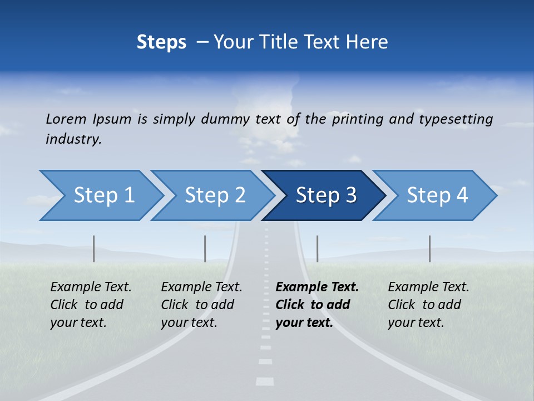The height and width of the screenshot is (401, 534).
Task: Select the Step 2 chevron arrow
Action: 215,195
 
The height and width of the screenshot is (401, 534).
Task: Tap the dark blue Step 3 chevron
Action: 326,195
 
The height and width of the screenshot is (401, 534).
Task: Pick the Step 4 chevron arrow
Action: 437,195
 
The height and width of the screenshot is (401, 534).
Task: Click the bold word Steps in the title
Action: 161,42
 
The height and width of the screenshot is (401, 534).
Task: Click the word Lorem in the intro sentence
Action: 66,119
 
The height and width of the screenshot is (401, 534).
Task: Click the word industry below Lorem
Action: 73,139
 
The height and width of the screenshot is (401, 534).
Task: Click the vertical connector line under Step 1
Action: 93,248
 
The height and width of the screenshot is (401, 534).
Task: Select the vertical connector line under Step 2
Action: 205,248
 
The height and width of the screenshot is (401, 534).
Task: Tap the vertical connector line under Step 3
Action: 317,248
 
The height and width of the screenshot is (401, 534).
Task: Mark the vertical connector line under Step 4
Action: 429,248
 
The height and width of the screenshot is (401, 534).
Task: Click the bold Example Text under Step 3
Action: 317,287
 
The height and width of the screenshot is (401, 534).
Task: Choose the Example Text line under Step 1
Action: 91,287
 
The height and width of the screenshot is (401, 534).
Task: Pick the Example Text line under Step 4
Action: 428,287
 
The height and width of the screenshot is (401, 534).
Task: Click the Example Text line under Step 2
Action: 201,287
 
